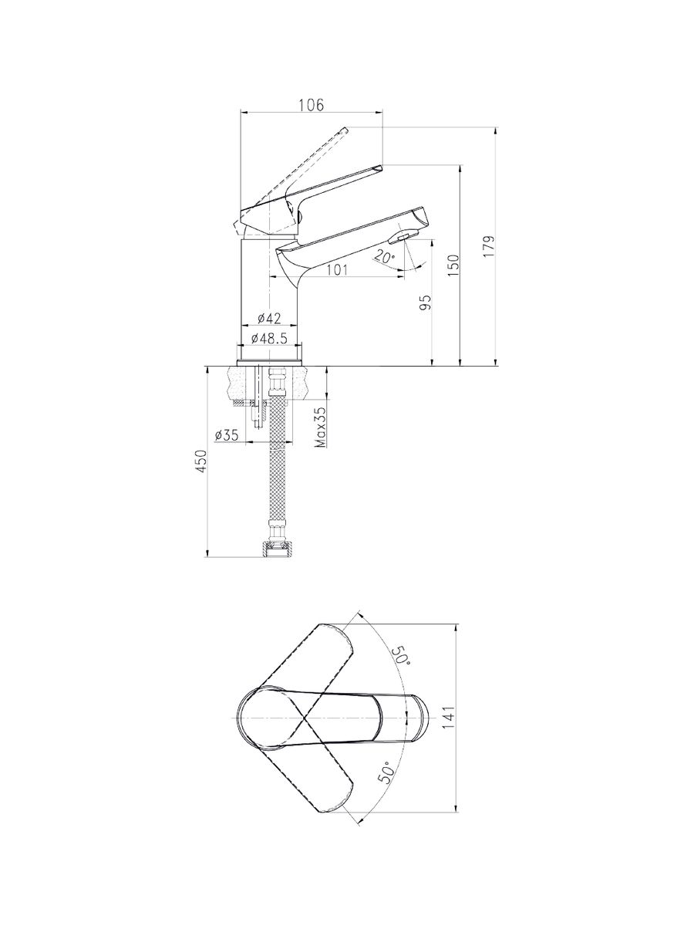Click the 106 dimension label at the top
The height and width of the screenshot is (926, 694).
tap(312, 105)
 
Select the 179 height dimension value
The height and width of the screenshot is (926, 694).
tap(488, 246)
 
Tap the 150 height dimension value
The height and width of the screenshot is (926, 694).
tap(453, 265)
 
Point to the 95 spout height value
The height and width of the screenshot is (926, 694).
tap(425, 302)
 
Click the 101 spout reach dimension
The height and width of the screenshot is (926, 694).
tap(337, 269)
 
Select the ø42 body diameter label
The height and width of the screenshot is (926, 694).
tap(269, 318)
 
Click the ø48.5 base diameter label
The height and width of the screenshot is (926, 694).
tap(269, 338)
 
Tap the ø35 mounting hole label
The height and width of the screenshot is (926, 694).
tap(226, 434)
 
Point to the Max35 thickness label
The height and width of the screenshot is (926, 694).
tap(321, 427)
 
